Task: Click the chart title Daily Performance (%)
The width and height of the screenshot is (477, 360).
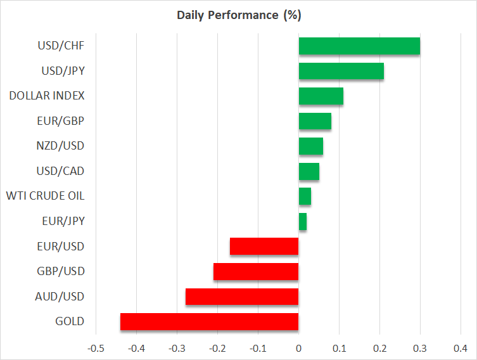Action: (x=238, y=15)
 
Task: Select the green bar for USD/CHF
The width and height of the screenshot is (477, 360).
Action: (x=359, y=46)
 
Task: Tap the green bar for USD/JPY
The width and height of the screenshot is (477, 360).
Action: (x=341, y=72)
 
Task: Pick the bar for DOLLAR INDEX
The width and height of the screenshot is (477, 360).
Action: (x=321, y=96)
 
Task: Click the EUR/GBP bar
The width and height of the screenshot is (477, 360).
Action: (x=315, y=121)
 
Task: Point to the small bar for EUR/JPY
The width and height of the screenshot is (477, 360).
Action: (x=303, y=222)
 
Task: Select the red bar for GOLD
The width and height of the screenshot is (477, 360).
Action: (x=209, y=321)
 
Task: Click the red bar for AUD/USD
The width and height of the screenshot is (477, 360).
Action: (x=242, y=297)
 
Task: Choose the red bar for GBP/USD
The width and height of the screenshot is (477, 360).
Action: (x=256, y=272)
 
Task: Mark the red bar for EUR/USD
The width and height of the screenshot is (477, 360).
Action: (x=264, y=247)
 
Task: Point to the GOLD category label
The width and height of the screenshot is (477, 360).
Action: (x=70, y=321)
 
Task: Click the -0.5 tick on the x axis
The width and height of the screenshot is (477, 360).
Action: (x=96, y=348)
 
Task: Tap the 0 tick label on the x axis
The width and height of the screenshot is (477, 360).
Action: (x=298, y=348)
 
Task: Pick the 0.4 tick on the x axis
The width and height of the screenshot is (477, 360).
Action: (x=461, y=348)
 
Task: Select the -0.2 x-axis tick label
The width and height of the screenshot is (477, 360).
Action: (x=217, y=348)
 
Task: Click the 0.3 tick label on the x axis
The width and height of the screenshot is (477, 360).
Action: (x=420, y=348)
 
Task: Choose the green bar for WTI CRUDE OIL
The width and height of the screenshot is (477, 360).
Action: (x=305, y=196)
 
